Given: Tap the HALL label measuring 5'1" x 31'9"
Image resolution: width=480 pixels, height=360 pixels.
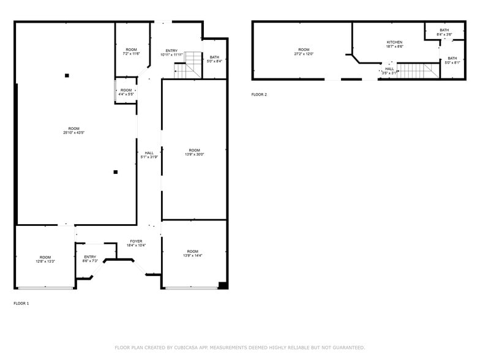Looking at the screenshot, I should point(149,155).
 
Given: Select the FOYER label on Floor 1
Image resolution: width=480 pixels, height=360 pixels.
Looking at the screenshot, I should point(136,243).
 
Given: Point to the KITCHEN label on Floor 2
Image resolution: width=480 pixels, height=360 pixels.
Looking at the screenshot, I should point(394,44).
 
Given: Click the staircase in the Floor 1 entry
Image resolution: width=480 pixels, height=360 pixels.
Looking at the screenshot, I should point(188,66).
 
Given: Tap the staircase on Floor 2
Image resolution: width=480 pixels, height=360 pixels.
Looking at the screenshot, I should point(417,70).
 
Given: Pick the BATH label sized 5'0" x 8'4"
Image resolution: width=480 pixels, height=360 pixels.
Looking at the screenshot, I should point(214,59).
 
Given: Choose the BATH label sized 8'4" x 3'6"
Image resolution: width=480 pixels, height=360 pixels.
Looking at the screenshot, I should point(444,32).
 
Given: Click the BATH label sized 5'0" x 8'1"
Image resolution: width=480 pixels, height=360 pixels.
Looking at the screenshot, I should point(452,60).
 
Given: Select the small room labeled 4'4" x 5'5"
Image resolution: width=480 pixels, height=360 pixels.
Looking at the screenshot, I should point(126,92).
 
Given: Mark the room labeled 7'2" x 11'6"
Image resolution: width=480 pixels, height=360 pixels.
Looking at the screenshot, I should point(132,51).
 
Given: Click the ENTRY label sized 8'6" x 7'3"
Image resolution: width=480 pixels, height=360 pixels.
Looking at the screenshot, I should point(90,259).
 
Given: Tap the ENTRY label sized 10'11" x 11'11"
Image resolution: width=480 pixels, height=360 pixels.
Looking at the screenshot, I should point(171,53).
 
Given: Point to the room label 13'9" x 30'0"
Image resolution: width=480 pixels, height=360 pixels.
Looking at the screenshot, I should point(194,152).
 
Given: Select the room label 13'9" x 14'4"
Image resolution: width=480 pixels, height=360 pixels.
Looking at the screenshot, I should point(193,253).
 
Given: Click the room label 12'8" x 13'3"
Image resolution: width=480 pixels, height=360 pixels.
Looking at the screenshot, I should point(45,259).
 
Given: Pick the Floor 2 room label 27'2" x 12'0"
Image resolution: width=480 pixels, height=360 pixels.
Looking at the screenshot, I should point(304,51).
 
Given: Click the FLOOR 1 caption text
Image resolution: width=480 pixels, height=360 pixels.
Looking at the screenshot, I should point(21,303).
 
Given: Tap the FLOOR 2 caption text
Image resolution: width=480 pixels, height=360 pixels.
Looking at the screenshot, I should point(259,94).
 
